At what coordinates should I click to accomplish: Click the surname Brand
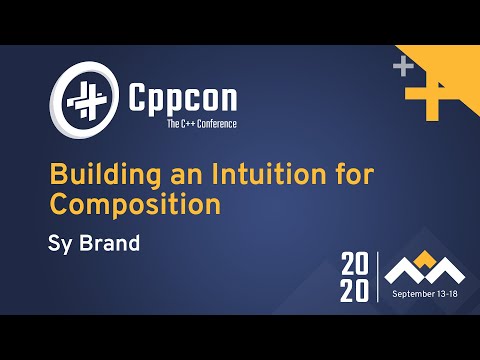click(x=109, y=242)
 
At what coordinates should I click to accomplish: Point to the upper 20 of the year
click(x=354, y=265)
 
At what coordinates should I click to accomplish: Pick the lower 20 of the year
click(x=354, y=290)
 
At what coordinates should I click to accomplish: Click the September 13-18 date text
click(x=426, y=294)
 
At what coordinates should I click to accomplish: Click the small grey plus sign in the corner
click(x=403, y=69)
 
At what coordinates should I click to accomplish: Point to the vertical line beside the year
click(x=377, y=277)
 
